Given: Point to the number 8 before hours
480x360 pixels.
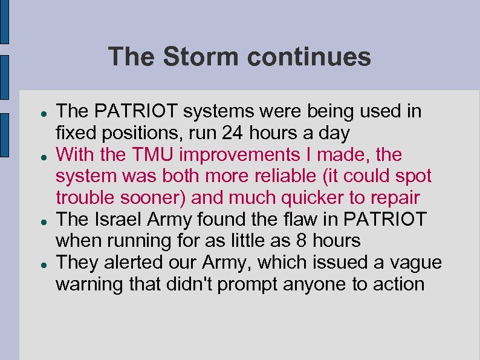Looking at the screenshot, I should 300,241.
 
